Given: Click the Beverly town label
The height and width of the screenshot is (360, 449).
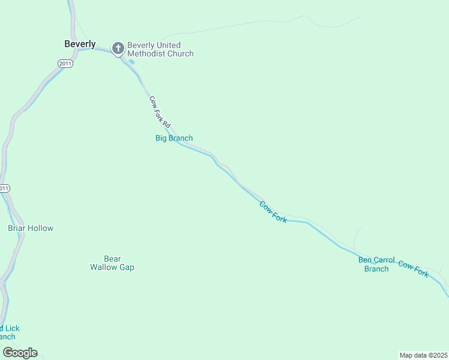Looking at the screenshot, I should (x=80, y=44).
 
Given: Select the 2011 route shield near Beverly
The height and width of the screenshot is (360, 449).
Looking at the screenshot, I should (x=65, y=64).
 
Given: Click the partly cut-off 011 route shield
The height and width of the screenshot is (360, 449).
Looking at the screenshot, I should (x=4, y=188).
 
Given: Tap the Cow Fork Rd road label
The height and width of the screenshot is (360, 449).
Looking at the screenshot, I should (x=160, y=110).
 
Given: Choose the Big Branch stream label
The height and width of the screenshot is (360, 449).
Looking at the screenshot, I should (x=174, y=138).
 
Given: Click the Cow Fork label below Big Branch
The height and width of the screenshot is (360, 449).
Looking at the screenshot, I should (x=273, y=212).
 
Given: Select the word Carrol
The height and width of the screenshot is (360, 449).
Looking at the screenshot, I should (x=384, y=260).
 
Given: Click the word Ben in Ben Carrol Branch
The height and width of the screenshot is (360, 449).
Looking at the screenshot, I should (x=365, y=260).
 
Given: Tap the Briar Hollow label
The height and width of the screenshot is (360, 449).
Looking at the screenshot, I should (x=31, y=228).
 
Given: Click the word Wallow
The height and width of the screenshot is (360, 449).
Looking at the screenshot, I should (x=104, y=267).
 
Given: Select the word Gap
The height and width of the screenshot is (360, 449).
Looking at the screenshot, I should (x=127, y=267).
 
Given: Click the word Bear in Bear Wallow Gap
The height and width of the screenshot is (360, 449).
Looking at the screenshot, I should (x=112, y=259).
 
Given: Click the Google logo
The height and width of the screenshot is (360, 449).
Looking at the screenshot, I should (x=20, y=352).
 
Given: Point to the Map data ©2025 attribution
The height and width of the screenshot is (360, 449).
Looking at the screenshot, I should (x=423, y=355).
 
